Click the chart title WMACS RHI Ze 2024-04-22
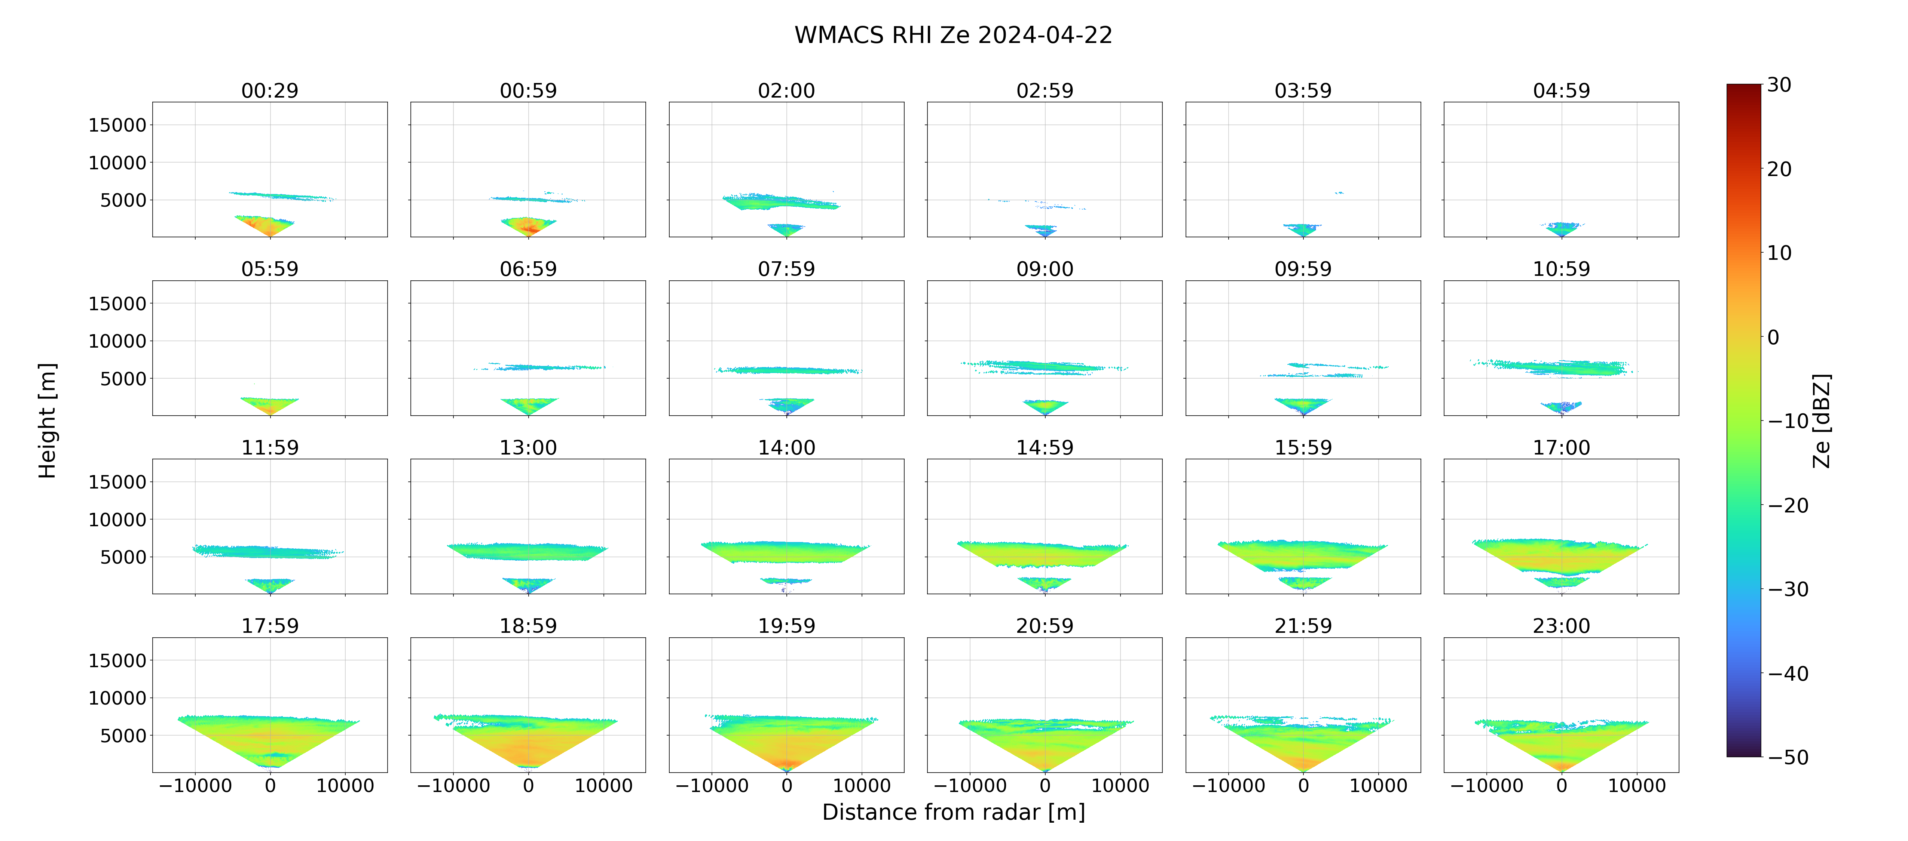953,35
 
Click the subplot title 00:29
270,90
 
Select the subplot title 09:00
1045,269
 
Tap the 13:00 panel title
528,447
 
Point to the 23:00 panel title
1561,626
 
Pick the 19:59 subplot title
787,626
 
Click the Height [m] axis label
48,420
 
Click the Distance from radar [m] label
953,812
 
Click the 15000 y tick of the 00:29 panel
117,125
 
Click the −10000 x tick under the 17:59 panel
196,785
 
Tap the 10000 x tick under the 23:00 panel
1637,785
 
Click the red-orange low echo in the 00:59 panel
528,226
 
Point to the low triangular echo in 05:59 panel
270,404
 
